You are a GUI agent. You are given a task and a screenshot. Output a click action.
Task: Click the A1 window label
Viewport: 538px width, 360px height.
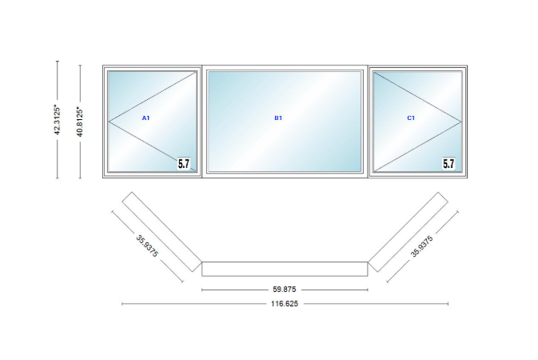click(145, 118)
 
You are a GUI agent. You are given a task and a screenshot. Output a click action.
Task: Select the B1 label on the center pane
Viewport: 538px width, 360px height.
click(278, 118)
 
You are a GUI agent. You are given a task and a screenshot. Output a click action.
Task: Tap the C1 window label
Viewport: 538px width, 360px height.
click(411, 118)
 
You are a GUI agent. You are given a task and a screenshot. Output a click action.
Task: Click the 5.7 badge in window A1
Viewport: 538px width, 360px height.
click(184, 163)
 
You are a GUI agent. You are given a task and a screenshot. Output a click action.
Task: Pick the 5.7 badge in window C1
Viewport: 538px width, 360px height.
click(448, 163)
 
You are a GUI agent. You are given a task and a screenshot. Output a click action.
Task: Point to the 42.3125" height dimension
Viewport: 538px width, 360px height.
click(58, 119)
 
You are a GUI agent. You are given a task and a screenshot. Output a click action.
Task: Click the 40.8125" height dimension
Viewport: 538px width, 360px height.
click(80, 122)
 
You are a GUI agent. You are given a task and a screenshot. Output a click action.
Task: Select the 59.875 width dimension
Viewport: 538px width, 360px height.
click(285, 290)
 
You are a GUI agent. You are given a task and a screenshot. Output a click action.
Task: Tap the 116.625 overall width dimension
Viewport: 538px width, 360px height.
click(285, 304)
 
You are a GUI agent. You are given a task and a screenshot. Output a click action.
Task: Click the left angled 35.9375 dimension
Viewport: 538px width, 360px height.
click(147, 246)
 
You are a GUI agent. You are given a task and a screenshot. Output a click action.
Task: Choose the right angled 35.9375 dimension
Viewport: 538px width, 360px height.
click(422, 246)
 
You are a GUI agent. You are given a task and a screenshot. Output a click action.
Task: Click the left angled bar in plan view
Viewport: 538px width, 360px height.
click(162, 232)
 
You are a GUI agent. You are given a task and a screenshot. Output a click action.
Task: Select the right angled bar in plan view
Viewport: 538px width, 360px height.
click(408, 232)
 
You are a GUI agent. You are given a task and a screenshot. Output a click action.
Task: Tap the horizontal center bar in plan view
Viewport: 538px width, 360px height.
click(285, 269)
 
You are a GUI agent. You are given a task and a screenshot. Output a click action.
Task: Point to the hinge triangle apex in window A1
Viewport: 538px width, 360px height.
click(109, 122)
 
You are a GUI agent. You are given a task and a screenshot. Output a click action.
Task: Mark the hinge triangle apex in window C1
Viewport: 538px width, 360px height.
click(461, 122)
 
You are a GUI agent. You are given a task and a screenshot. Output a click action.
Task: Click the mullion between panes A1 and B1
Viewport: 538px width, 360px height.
click(202, 122)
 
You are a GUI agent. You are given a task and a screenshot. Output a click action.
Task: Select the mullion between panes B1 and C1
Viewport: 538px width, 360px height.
click(368, 122)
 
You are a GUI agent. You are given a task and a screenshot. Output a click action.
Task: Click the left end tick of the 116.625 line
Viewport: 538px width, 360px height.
click(122, 304)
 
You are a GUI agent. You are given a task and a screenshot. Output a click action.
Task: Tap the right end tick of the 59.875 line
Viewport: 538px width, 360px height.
click(368, 290)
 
